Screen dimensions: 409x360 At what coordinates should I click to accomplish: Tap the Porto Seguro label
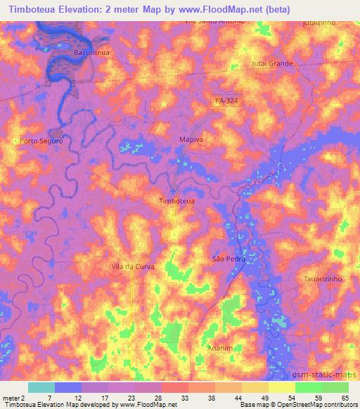coord(41,141)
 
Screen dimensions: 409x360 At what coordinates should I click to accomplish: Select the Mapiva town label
coord(191,140)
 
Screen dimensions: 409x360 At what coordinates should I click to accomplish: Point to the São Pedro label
coord(227,259)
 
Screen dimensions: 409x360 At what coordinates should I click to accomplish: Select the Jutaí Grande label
coord(271,64)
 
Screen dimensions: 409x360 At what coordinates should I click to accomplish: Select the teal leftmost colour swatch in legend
coord(41,387)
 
